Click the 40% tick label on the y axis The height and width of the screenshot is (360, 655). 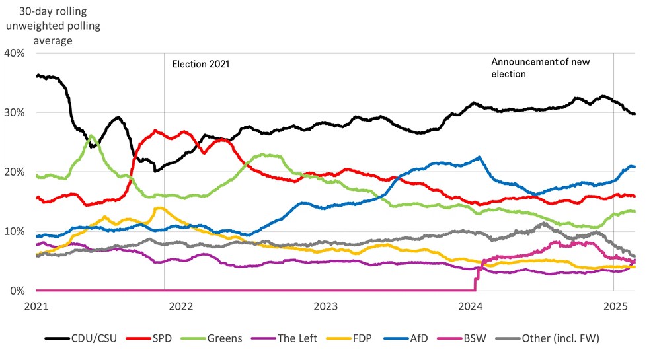pos(15,53)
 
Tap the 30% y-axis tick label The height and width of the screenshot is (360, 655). pos(15,112)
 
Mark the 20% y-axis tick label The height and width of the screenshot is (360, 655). pos(15,172)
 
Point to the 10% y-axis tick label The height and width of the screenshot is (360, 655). pos(15,231)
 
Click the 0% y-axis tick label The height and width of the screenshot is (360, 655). pos(17,291)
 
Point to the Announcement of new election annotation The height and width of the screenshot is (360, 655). pos(541,68)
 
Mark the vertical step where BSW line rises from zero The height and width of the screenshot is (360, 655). pos(475,281)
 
